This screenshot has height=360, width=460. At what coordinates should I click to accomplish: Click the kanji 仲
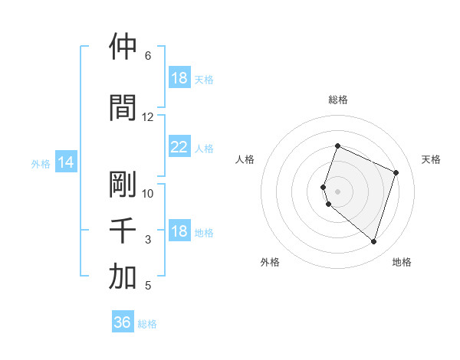pyautogui.click(x=123, y=47)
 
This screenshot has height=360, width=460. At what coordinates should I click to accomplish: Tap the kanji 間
pyautogui.click(x=123, y=108)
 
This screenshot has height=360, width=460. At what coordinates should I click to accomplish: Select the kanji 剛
pyautogui.click(x=123, y=185)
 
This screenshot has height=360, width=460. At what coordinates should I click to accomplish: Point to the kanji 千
pyautogui.click(x=123, y=231)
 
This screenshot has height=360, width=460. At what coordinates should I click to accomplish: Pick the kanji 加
pyautogui.click(x=123, y=277)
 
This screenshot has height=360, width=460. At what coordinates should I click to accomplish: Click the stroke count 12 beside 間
pyautogui.click(x=148, y=117)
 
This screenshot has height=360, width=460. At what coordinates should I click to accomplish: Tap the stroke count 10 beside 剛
pyautogui.click(x=148, y=193)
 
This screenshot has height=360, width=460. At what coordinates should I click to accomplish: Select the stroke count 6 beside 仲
pyautogui.click(x=148, y=56)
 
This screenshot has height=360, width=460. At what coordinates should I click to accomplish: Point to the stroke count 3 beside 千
pyautogui.click(x=148, y=240)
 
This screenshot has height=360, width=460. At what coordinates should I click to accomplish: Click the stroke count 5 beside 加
pyautogui.click(x=148, y=286)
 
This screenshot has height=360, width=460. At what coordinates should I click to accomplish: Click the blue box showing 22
pyautogui.click(x=179, y=147)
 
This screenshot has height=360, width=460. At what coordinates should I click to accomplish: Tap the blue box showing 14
pyautogui.click(x=65, y=162)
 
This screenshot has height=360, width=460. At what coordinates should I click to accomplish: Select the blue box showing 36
pyautogui.click(x=123, y=322)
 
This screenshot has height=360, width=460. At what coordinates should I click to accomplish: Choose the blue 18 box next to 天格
pyautogui.click(x=179, y=78)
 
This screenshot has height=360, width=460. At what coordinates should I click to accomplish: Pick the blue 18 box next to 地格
pyautogui.click(x=179, y=231)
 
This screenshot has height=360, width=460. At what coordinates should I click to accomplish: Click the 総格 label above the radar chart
pyautogui.click(x=338, y=100)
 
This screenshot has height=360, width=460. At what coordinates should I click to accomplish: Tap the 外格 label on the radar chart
pyautogui.click(x=270, y=262)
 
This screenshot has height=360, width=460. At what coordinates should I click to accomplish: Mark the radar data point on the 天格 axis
pyautogui.click(x=396, y=172)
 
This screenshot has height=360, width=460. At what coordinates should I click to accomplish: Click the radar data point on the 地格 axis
pyautogui.click(x=373, y=241)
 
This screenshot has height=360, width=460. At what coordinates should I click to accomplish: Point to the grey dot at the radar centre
pyautogui.click(x=338, y=191)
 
